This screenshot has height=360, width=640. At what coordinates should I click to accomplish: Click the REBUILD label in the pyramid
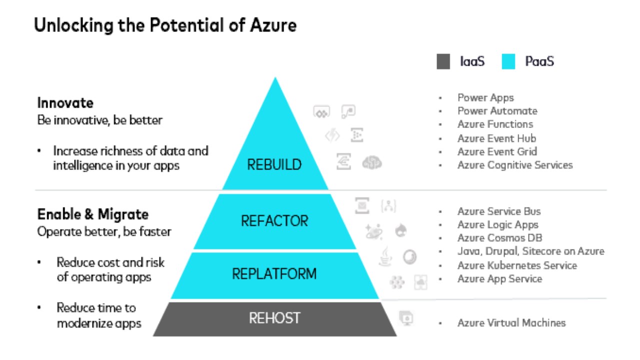tap(274, 164)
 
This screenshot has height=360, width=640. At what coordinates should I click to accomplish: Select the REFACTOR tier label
tap(274, 220)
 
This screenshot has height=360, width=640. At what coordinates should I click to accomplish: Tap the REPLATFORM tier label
tap(274, 274)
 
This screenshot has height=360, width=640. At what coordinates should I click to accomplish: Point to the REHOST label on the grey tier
tap(274, 318)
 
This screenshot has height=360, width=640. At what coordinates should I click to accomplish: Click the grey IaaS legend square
tap(443, 62)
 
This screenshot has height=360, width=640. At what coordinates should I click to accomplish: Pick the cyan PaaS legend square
tap(508, 62)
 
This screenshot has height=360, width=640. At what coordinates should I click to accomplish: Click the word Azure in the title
tap(274, 25)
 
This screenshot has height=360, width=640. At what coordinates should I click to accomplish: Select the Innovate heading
tap(65, 103)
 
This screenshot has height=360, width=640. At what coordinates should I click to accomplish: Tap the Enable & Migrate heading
tap(93, 214)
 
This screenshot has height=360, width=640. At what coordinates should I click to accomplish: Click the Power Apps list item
tap(485, 97)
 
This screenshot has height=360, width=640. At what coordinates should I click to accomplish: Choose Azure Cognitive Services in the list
tap(515, 165)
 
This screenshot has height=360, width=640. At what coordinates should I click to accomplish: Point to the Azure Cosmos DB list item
tap(499, 238)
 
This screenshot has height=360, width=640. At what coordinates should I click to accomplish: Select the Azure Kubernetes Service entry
tap(517, 265)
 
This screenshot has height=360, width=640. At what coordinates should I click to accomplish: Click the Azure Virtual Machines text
tap(511, 323)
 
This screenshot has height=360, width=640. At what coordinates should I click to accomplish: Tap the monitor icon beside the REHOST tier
tap(406, 317)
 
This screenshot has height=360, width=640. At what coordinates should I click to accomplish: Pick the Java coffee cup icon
tap(385, 256)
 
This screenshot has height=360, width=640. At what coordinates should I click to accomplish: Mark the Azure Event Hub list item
tap(496, 138)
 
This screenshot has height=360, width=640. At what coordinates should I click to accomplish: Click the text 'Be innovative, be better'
tap(100, 120)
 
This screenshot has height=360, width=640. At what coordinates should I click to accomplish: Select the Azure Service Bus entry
tap(499, 211)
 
